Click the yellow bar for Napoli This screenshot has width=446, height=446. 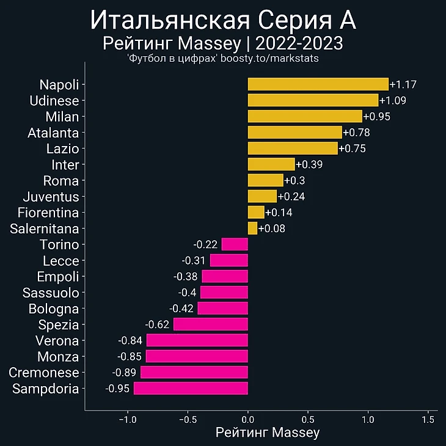[x=318, y=84]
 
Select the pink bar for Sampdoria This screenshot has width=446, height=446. [x=191, y=389]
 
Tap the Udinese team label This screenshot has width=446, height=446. [x=54, y=101]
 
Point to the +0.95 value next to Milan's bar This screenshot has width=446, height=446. [x=376, y=117]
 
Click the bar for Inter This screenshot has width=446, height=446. [x=271, y=164]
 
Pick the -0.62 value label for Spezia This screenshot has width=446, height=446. [x=158, y=324]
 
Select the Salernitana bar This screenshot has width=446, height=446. [x=252, y=228]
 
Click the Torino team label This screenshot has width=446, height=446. [x=59, y=245]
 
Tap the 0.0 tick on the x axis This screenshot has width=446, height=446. [x=248, y=420]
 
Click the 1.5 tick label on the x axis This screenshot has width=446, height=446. [x=429, y=420]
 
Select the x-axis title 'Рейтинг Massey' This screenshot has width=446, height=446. [x=268, y=433]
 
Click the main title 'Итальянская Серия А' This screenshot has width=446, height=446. [x=223, y=20]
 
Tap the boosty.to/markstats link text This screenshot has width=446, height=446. [x=269, y=58]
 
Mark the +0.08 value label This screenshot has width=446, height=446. [x=271, y=229]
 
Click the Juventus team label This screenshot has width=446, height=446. [x=51, y=197]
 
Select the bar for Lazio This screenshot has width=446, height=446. [x=293, y=148]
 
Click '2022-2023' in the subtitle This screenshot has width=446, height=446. [x=299, y=43]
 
